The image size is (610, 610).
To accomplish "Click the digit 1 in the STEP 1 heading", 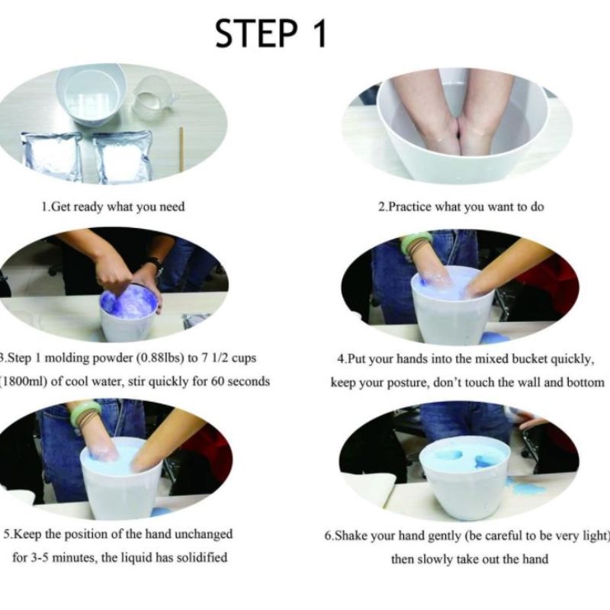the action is (x=320, y=34).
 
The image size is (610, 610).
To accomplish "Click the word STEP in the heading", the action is (x=256, y=34).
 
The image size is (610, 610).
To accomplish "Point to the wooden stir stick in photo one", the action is (x=181, y=149).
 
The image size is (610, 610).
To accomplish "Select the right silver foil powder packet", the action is (x=123, y=156).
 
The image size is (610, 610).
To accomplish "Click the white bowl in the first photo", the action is (x=91, y=95).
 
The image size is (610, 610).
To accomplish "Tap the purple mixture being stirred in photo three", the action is (x=128, y=301).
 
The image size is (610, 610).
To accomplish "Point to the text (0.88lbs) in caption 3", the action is (x=160, y=358).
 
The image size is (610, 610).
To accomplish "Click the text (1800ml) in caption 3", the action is (x=24, y=381).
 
